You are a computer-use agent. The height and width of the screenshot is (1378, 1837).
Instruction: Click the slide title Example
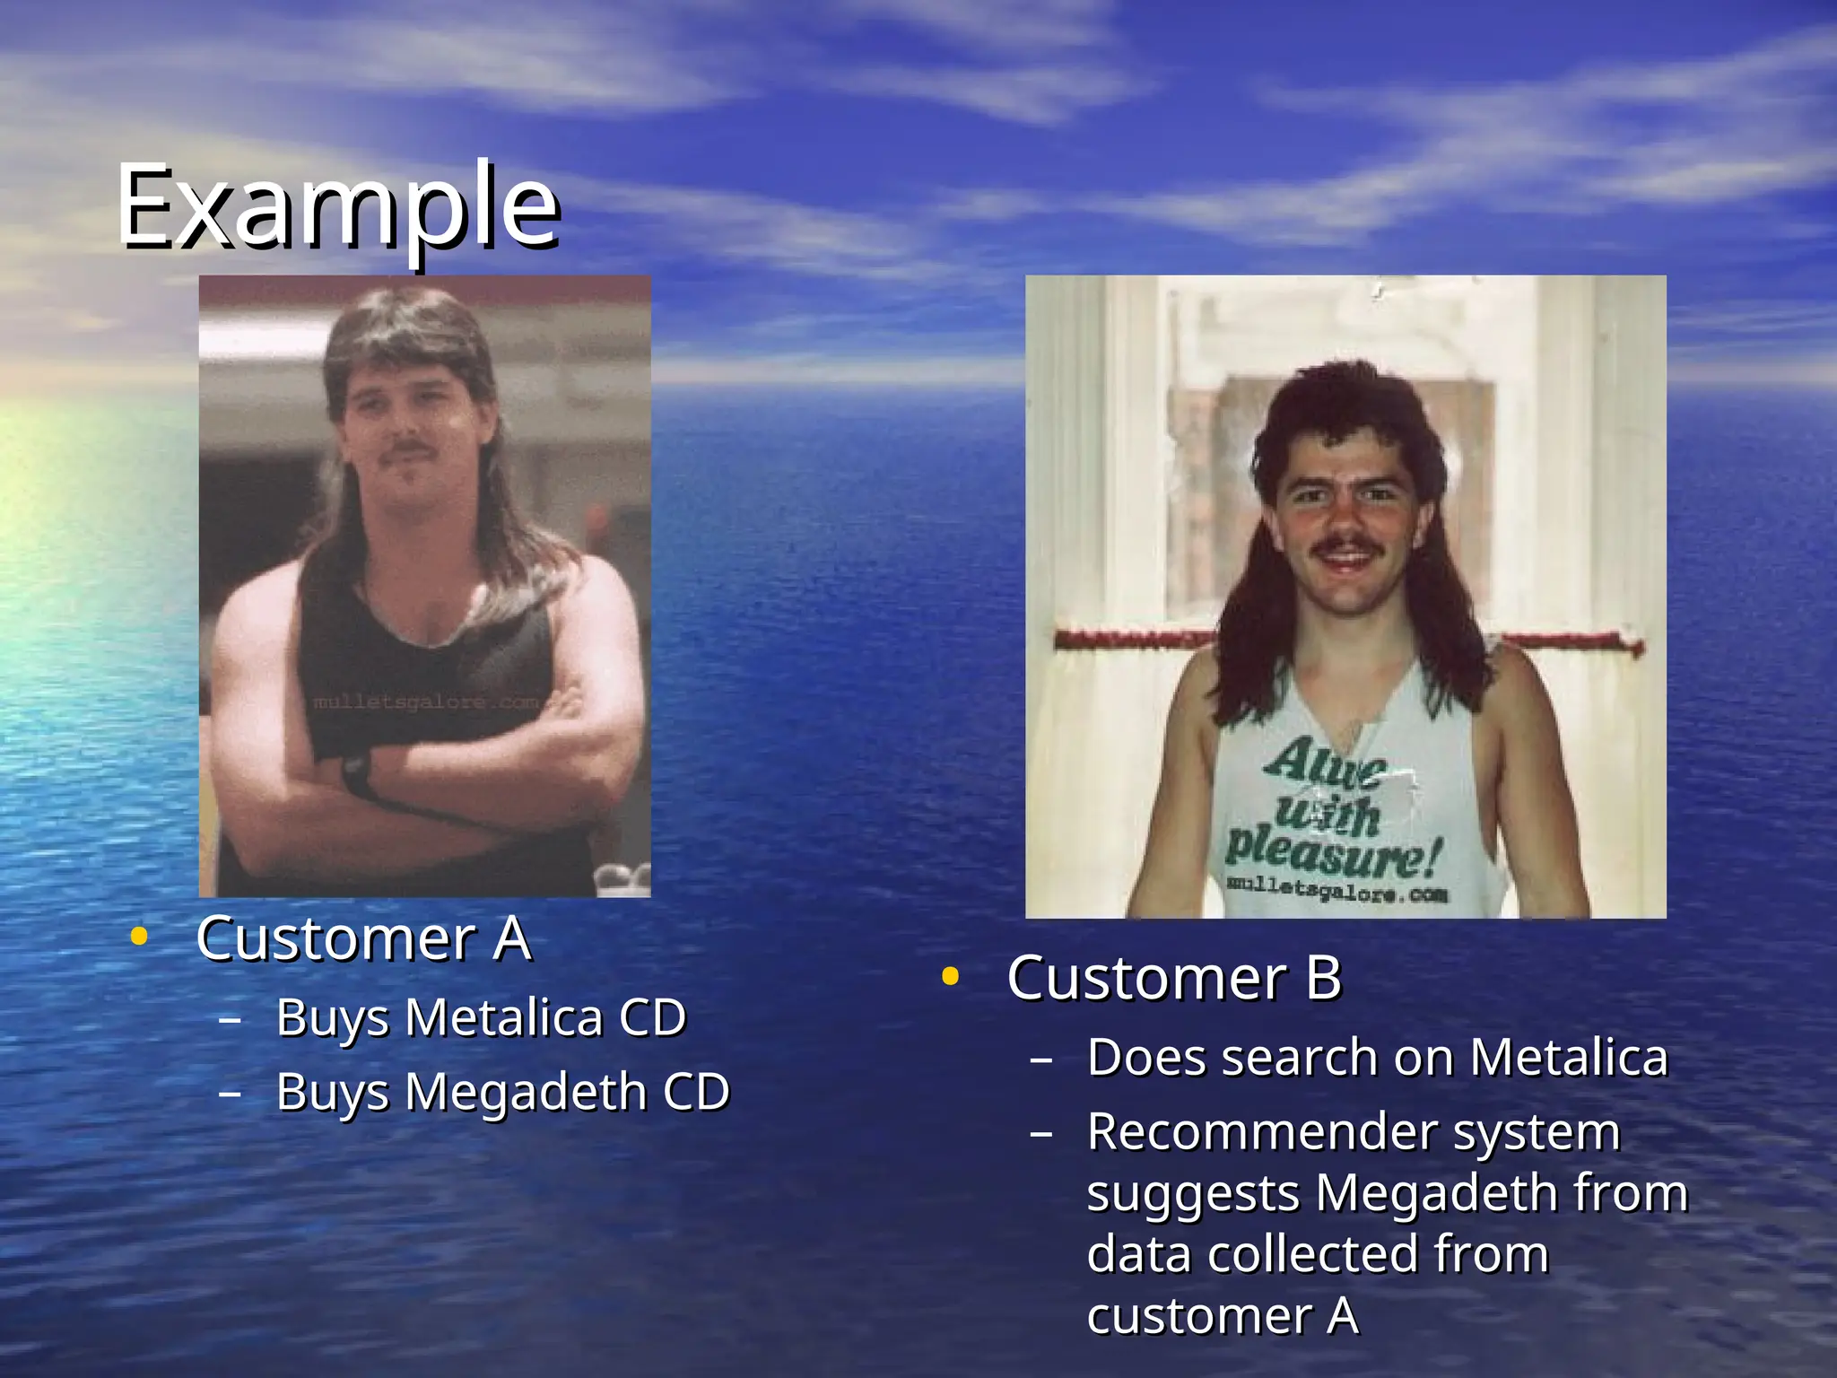339,206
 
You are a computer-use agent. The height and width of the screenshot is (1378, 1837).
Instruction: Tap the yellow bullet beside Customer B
950,977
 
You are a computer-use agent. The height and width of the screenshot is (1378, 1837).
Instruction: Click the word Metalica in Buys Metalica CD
503,1018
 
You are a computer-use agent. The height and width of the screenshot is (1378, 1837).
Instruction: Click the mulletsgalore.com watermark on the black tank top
425,702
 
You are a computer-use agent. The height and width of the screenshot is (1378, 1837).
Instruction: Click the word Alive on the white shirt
1326,765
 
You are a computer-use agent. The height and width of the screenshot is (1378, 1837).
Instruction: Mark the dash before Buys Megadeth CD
230,1094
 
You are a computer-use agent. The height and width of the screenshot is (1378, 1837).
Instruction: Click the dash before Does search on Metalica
1040,1060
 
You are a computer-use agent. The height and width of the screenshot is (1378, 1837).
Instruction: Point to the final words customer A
1223,1316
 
